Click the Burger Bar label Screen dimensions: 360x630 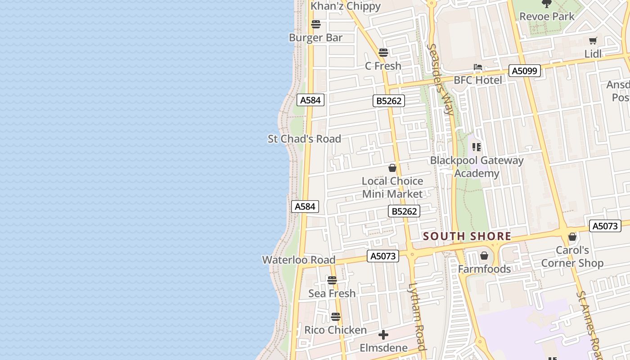315,38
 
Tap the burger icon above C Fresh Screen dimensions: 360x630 383,53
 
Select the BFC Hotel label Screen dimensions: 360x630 478,80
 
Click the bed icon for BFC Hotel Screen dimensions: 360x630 478,67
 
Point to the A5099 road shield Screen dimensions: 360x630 525,71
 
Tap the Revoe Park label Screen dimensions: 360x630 547,17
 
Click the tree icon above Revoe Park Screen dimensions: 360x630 547,4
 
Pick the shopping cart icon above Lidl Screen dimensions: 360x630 593,41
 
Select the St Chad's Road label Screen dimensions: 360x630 304,139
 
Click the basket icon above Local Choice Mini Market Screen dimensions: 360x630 392,168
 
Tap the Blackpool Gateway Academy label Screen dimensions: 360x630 477,166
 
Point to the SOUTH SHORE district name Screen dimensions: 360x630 467,236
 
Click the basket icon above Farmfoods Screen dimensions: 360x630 484,256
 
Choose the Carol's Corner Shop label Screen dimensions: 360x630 572,256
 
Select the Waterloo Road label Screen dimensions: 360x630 298,260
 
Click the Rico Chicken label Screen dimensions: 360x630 335,330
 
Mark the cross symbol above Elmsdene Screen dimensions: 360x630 383,335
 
